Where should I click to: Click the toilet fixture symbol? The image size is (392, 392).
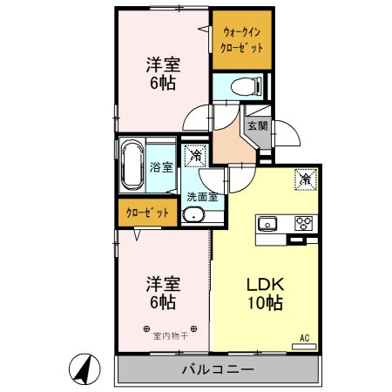247,85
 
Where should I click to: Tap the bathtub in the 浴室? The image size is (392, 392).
132,165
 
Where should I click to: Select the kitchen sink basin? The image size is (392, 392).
267,224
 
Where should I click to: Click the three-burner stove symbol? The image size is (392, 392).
303,223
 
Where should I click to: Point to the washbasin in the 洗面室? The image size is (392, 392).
193,215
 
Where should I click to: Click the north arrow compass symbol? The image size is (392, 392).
84,368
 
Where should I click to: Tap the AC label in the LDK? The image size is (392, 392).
305,338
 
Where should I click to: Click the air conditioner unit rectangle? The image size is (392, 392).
304,347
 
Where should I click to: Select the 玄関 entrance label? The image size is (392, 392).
257,125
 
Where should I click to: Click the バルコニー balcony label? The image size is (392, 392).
218,369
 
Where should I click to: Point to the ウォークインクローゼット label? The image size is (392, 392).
241,40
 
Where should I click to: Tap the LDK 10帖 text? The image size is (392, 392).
265,294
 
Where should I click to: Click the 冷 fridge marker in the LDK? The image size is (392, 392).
306,179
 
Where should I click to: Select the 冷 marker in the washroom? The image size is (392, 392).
195,155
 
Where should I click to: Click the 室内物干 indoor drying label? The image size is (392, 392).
171,336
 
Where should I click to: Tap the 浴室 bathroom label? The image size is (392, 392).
161,167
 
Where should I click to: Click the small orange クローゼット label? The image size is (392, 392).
147,213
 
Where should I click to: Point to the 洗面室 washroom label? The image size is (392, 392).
202,197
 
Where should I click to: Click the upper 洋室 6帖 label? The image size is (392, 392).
163,74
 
